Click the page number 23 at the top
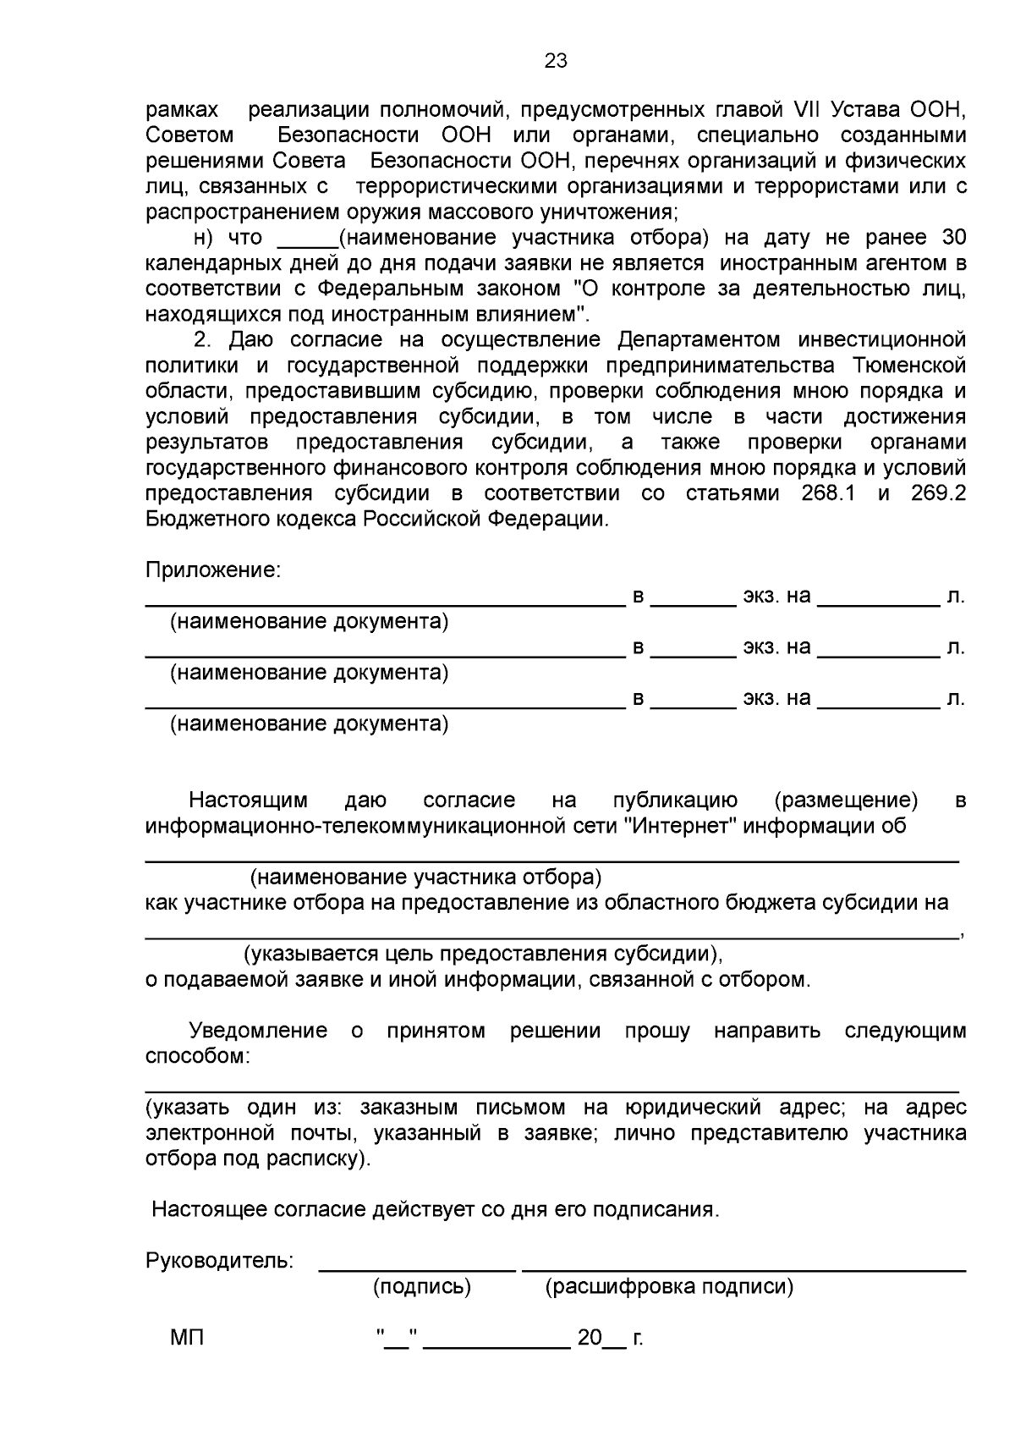[556, 60]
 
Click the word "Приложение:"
[212, 570]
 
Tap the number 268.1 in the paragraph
[827, 493]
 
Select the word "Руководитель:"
[220, 1261]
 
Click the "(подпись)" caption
[422, 1287]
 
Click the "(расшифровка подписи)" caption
[669, 1287]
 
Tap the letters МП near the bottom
[188, 1338]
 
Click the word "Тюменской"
[911, 366]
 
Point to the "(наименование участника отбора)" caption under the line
[425, 877]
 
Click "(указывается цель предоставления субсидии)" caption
[483, 954]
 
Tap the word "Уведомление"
[258, 1031]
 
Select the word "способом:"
[198, 1056]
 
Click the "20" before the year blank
[589, 1338]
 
